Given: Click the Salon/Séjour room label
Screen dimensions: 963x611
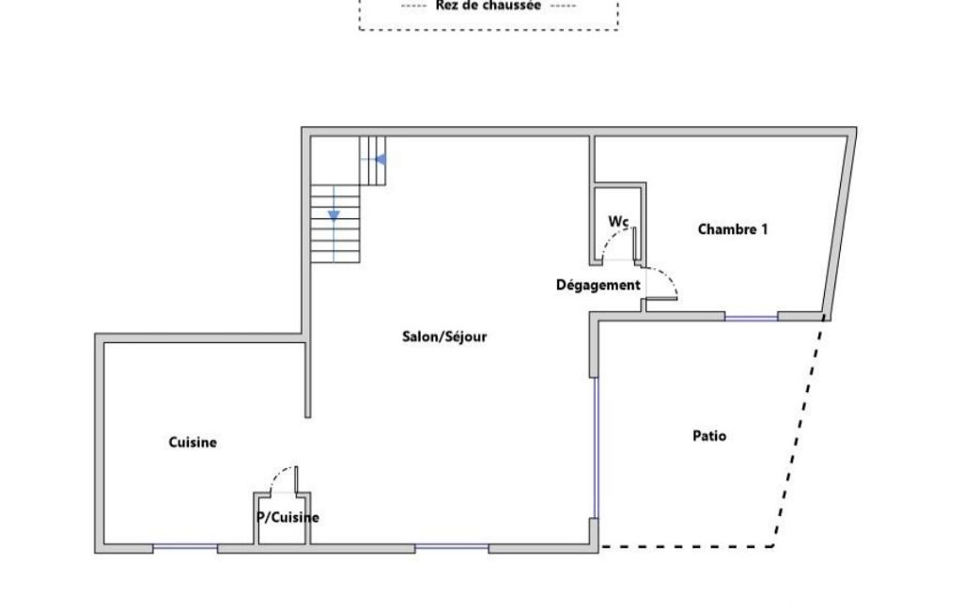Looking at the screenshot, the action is (444, 337).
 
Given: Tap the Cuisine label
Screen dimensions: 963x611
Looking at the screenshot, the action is (193, 443).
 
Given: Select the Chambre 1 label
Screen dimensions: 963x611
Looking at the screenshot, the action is (732, 229).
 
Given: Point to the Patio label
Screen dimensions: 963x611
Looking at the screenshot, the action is (709, 436).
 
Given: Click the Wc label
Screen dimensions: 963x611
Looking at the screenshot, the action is (618, 221).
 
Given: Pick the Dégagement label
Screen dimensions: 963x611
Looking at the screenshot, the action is (598, 285).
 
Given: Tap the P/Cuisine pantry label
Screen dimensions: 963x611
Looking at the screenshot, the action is (287, 518).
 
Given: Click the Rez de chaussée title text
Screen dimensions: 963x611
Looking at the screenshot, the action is (489, 7).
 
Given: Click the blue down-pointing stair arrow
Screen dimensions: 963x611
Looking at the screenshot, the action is (334, 215).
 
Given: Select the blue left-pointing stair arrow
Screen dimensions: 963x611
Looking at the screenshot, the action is (381, 160).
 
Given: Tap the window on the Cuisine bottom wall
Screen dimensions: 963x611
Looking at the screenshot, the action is (185, 546).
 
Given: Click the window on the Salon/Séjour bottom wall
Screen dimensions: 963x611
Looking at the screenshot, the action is (451, 546).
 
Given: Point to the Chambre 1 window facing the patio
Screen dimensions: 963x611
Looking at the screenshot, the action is (751, 317).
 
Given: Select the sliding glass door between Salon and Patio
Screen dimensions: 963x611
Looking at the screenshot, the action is (595, 447).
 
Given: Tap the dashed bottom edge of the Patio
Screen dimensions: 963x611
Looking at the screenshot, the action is (686, 546).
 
